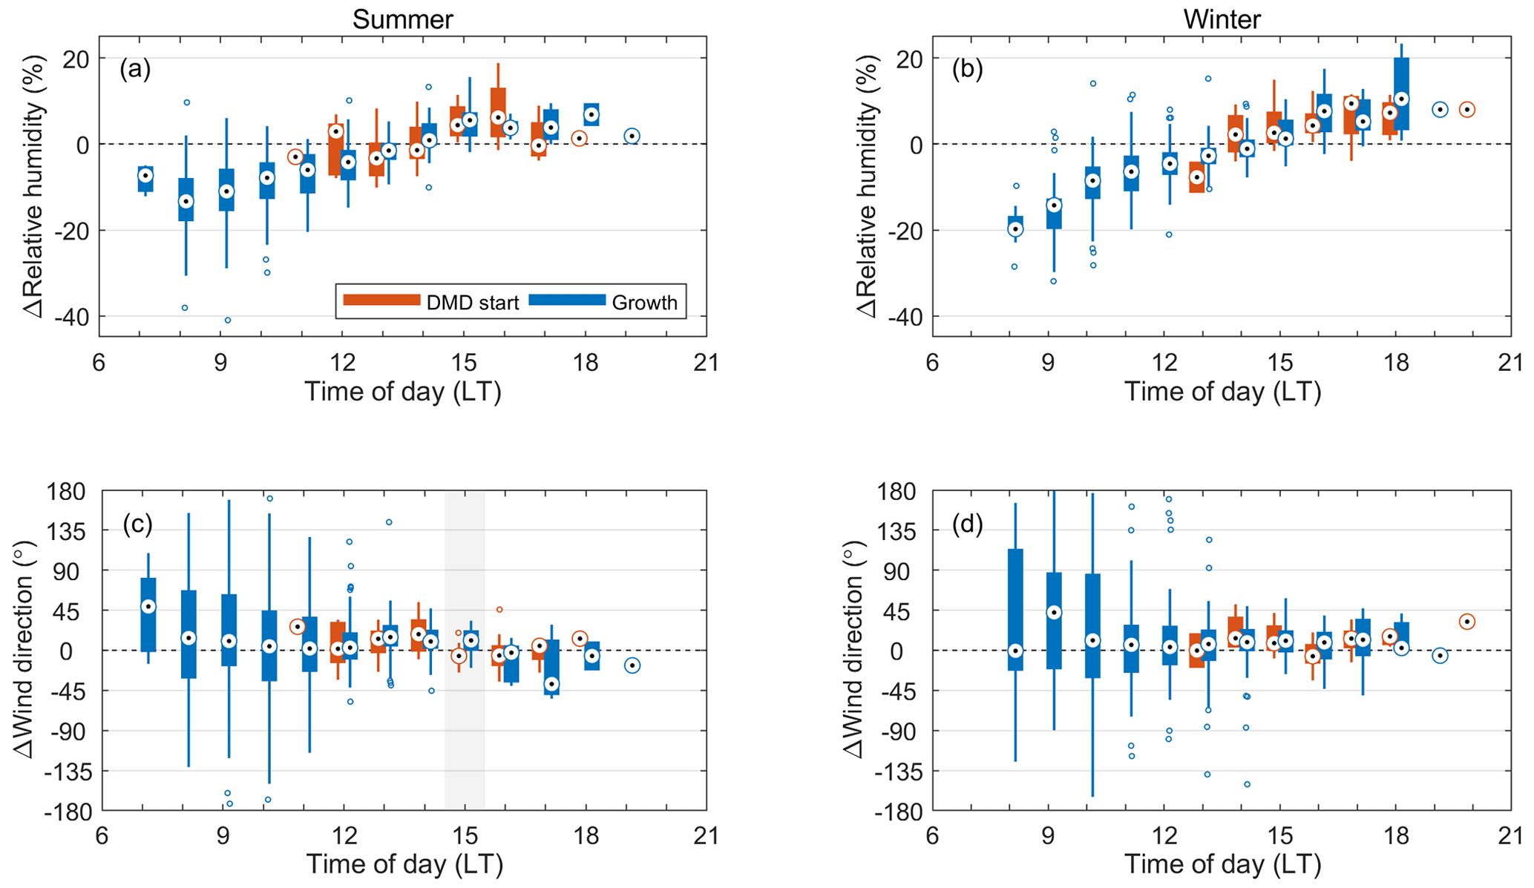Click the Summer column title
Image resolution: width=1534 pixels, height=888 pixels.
coord(402,19)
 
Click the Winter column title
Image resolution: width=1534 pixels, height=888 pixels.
coord(1222,19)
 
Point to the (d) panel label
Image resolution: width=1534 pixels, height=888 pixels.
coord(968,524)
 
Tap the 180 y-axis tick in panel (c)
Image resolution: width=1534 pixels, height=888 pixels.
coord(67,491)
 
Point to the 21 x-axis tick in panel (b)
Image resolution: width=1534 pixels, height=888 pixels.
coord(1510,363)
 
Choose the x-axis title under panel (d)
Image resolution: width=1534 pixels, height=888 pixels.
coord(1222,864)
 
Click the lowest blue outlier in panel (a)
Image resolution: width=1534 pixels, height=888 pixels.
coord(228,320)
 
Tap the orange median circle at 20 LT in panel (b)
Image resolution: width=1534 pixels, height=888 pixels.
coord(1466,110)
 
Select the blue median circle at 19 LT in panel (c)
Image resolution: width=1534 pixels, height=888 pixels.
coord(632,665)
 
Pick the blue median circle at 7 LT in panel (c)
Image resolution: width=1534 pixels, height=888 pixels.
coord(148,607)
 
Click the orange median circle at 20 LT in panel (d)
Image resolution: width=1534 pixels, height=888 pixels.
coord(1466,622)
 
